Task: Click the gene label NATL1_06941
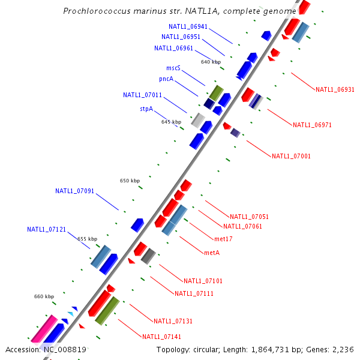188,26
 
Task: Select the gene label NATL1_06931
335,89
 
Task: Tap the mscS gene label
173,68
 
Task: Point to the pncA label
166,79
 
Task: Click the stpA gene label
146,109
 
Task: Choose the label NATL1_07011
142,95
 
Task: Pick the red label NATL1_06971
312,125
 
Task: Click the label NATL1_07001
291,156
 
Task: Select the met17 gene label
223,239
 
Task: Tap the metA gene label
212,253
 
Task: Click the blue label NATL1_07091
74,191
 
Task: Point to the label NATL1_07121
46,229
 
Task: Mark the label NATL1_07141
161,336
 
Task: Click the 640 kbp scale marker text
211,62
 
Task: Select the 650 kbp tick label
130,181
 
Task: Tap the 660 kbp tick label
44,296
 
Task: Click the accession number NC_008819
64,349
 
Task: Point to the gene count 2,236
344,349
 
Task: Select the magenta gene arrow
43,329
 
